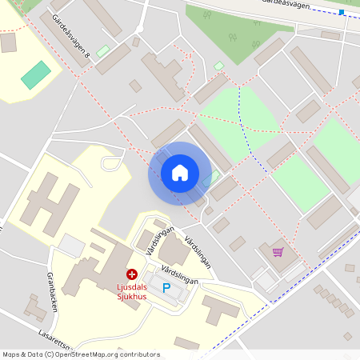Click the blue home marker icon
point(180,173)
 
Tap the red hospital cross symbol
point(132,274)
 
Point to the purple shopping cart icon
point(278,252)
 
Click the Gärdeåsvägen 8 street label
point(71,38)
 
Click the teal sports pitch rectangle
point(35,75)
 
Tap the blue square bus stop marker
point(342,12)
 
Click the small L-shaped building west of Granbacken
point(34,306)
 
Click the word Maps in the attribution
point(12,354)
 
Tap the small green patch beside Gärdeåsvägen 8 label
point(102,51)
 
